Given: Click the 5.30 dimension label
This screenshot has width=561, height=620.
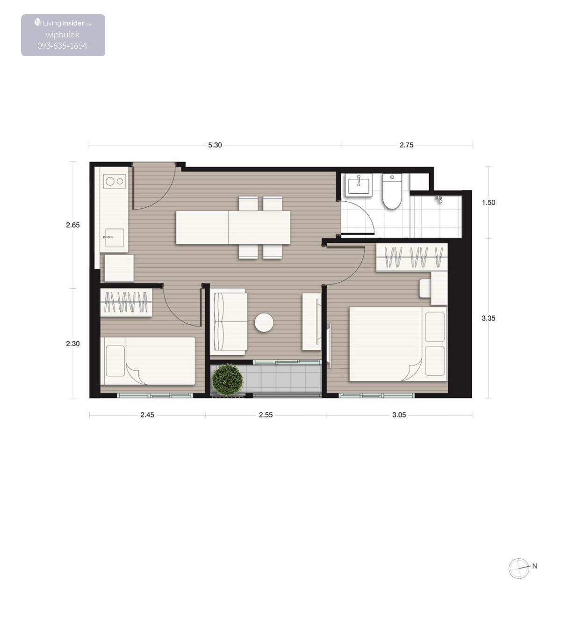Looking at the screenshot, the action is (x=215, y=145).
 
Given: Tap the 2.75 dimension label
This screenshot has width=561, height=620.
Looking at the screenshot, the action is (x=406, y=145).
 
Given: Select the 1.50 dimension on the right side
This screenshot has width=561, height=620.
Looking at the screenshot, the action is (x=489, y=203).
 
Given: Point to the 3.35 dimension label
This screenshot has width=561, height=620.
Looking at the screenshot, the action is (x=489, y=318).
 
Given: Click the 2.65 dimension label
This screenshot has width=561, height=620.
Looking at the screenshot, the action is (x=73, y=225).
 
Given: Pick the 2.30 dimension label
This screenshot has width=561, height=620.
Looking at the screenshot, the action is (x=73, y=343).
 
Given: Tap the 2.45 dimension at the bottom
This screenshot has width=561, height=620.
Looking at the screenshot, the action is (x=147, y=415).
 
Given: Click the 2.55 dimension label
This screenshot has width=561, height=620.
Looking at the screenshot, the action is (x=266, y=415).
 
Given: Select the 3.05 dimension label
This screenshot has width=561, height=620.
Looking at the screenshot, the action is (x=399, y=415).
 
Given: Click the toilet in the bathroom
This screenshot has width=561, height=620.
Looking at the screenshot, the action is (x=392, y=192).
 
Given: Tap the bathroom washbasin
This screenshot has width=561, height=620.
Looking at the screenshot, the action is (x=359, y=184).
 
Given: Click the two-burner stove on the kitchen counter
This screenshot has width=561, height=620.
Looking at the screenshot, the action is (x=115, y=181).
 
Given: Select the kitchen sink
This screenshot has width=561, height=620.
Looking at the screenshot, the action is (x=114, y=238).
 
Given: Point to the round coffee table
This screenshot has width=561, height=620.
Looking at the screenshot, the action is (x=264, y=323).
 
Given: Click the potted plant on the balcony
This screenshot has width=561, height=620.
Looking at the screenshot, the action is (x=228, y=379).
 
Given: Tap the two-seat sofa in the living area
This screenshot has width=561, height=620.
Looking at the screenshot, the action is (x=229, y=321).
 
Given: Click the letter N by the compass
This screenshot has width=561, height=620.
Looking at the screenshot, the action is (x=535, y=566).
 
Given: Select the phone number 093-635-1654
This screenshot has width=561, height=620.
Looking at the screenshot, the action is (x=62, y=46).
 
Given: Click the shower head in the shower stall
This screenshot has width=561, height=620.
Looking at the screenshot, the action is (x=439, y=199).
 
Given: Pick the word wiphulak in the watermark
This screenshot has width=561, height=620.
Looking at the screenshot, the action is (x=62, y=35).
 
